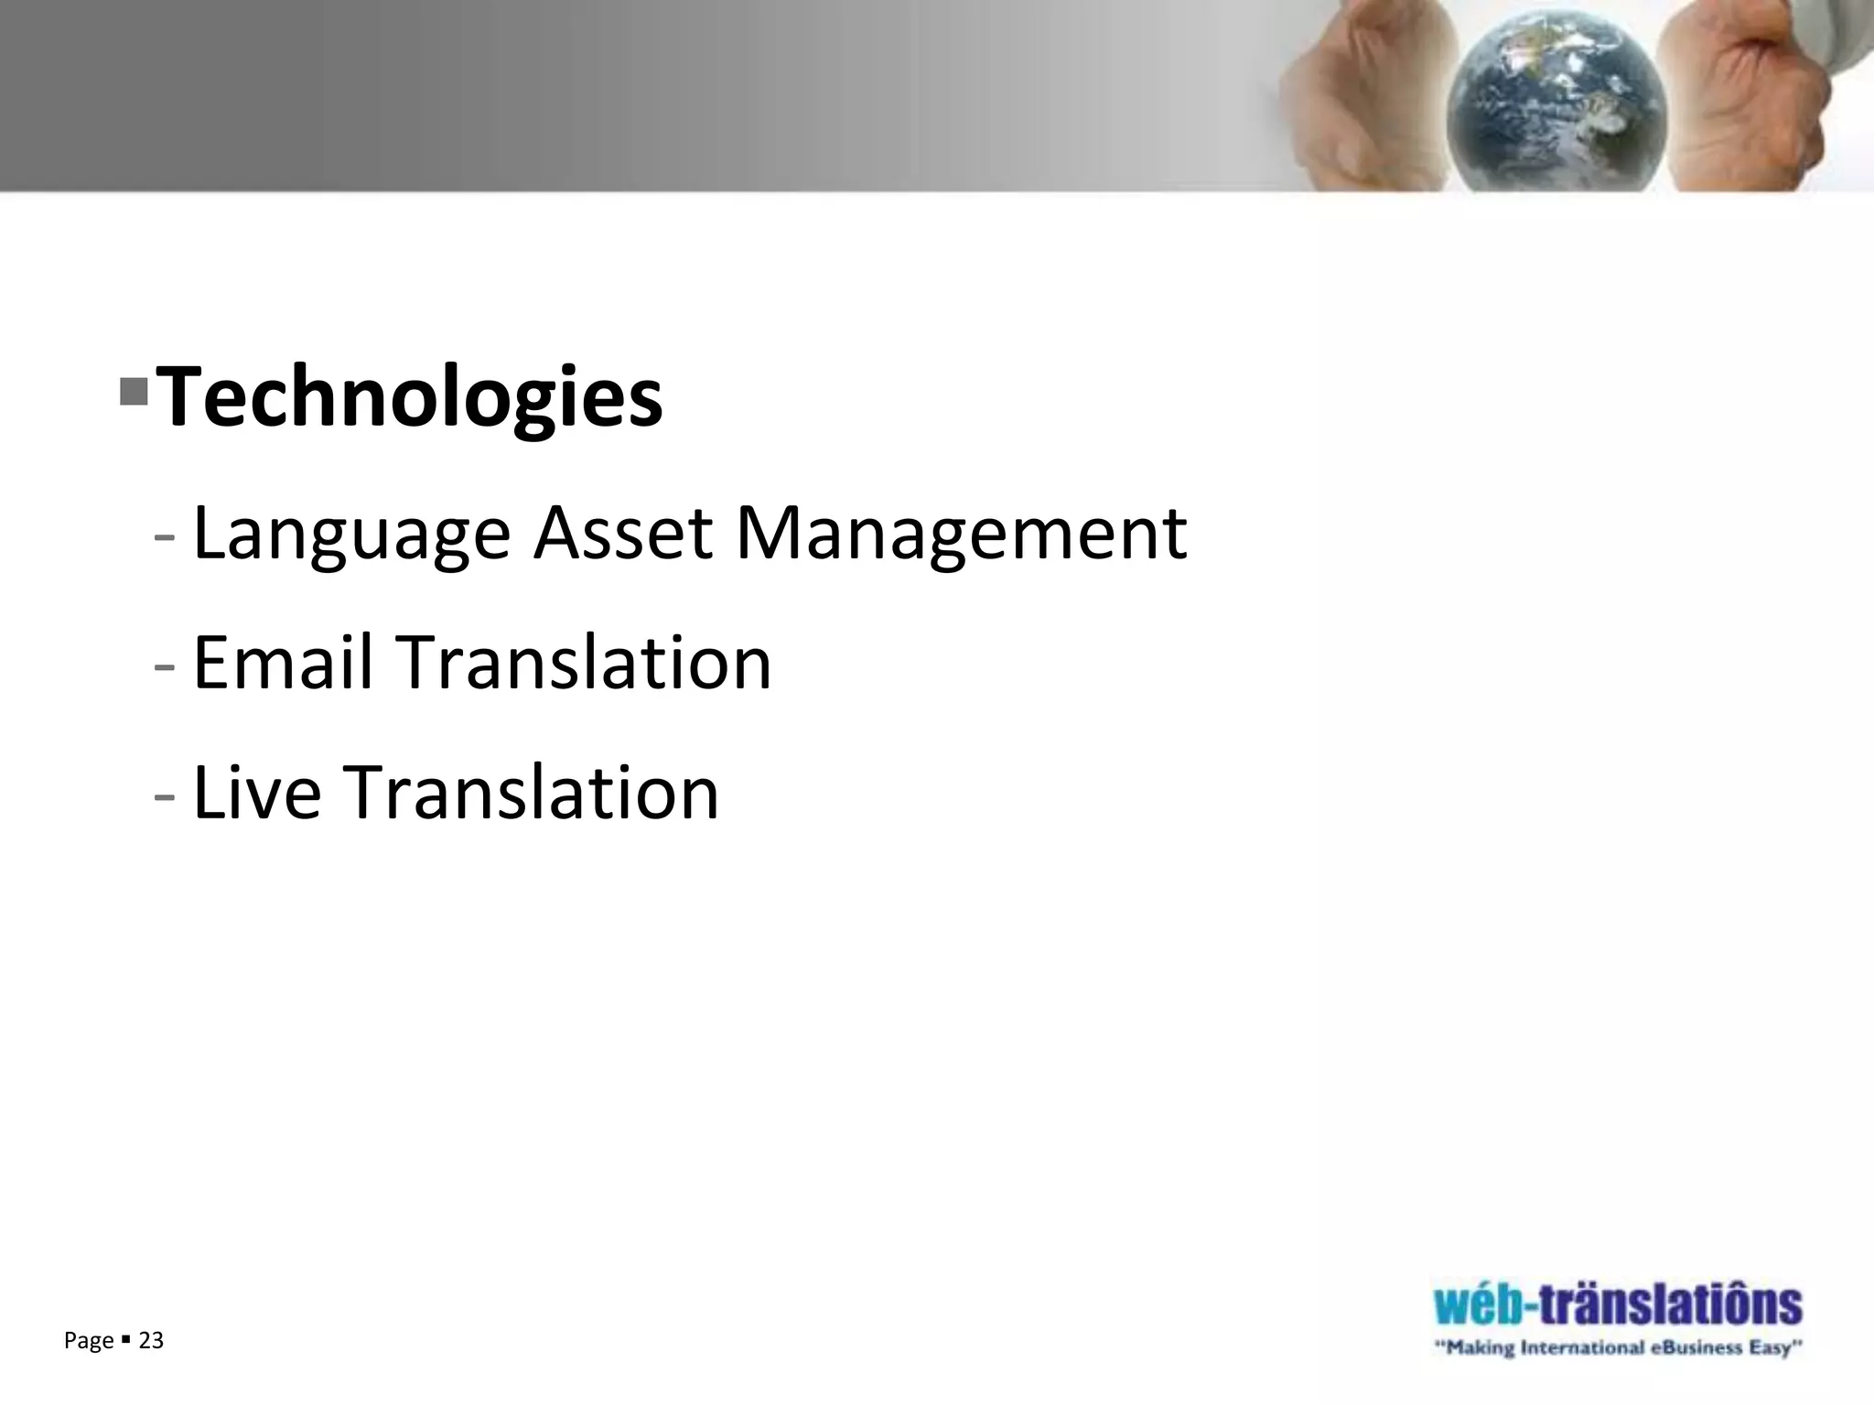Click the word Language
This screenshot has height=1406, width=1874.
351,535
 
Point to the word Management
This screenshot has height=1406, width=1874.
961,535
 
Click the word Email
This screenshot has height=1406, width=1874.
283,662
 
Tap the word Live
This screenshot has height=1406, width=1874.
257,792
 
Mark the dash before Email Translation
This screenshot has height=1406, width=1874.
165,667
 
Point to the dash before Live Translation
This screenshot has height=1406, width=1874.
165,797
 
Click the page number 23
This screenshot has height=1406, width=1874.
151,1341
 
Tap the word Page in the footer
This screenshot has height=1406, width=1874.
89,1342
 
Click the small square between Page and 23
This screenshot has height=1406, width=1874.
125,1341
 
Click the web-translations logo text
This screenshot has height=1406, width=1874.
1618,1305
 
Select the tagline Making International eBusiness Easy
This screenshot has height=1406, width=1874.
1618,1348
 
